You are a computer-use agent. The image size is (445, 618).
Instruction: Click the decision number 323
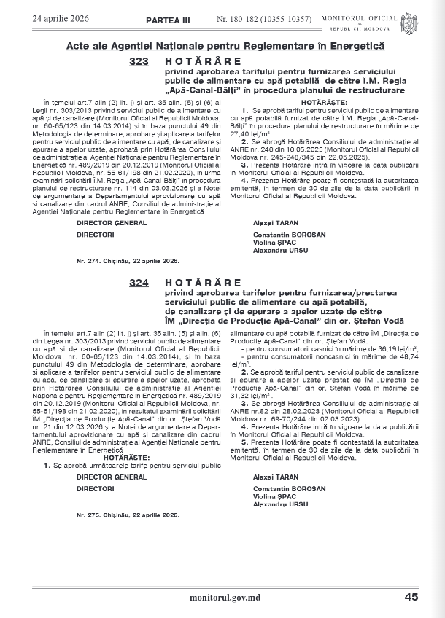[x=138, y=63]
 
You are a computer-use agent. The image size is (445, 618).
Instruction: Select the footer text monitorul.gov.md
[x=225, y=596]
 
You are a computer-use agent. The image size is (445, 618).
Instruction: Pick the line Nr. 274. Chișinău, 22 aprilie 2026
[x=128, y=260]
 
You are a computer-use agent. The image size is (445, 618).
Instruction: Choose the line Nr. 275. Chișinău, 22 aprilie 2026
[x=128, y=515]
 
